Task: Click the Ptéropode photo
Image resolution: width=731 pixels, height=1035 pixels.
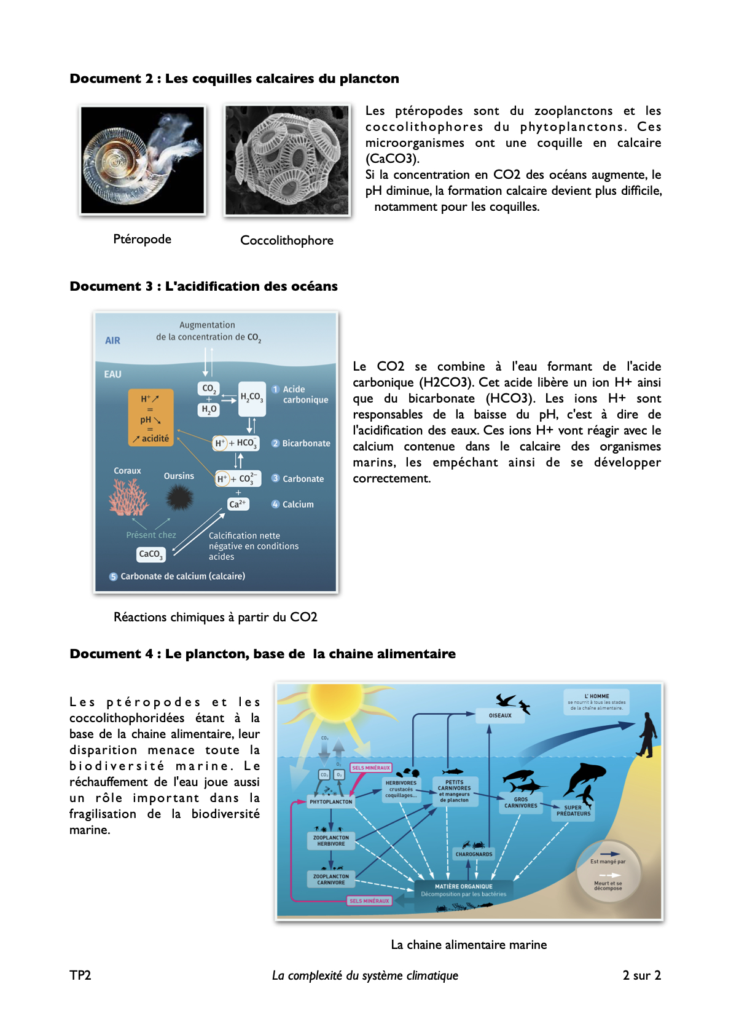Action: [143, 160]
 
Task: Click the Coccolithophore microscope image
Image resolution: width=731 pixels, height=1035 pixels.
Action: [287, 160]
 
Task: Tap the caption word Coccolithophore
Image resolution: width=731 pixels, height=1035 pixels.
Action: [287, 240]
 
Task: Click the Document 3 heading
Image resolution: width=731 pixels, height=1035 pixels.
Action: [203, 286]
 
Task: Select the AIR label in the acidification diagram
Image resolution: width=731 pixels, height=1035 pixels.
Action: [112, 340]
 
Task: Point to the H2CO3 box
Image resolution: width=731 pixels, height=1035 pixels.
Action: [251, 397]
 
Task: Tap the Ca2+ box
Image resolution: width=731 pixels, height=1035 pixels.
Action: [238, 504]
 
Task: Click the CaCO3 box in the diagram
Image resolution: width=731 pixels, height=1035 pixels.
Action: [150, 554]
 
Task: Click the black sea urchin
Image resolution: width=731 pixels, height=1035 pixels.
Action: [179, 497]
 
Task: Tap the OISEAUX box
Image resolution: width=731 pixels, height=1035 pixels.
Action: [500, 715]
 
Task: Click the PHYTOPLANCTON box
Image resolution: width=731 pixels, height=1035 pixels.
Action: [331, 801]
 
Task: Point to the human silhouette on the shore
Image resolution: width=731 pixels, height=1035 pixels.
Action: [647, 734]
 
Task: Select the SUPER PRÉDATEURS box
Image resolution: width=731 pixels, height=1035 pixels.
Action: [573, 811]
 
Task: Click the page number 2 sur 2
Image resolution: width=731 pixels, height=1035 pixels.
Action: [641, 975]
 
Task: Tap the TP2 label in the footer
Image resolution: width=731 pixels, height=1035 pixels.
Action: [80, 975]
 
